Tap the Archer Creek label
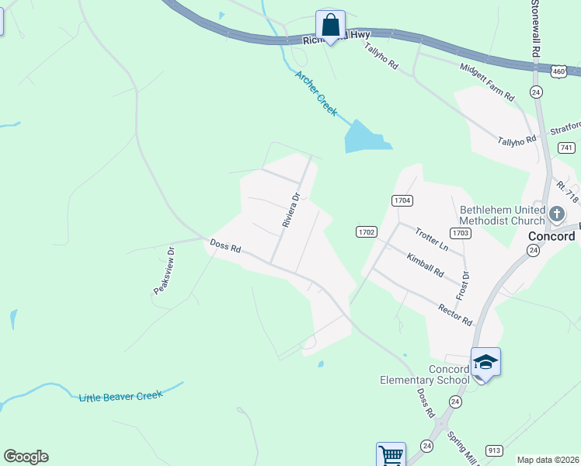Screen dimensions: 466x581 pyautogui.click(x=316, y=93)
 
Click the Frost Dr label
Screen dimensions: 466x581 pyautogui.click(x=464, y=286)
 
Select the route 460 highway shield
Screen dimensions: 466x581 pyautogui.click(x=558, y=71)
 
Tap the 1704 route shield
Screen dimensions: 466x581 pyautogui.click(x=402, y=200)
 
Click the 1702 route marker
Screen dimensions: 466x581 pyautogui.click(x=367, y=231)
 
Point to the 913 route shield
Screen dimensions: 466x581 pyautogui.click(x=495, y=450)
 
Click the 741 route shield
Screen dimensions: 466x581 pyautogui.click(x=565, y=148)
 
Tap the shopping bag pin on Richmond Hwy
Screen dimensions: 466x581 pyautogui.click(x=331, y=25)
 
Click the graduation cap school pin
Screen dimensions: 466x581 pyautogui.click(x=485, y=363)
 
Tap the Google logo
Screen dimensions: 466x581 pyautogui.click(x=26, y=457)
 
